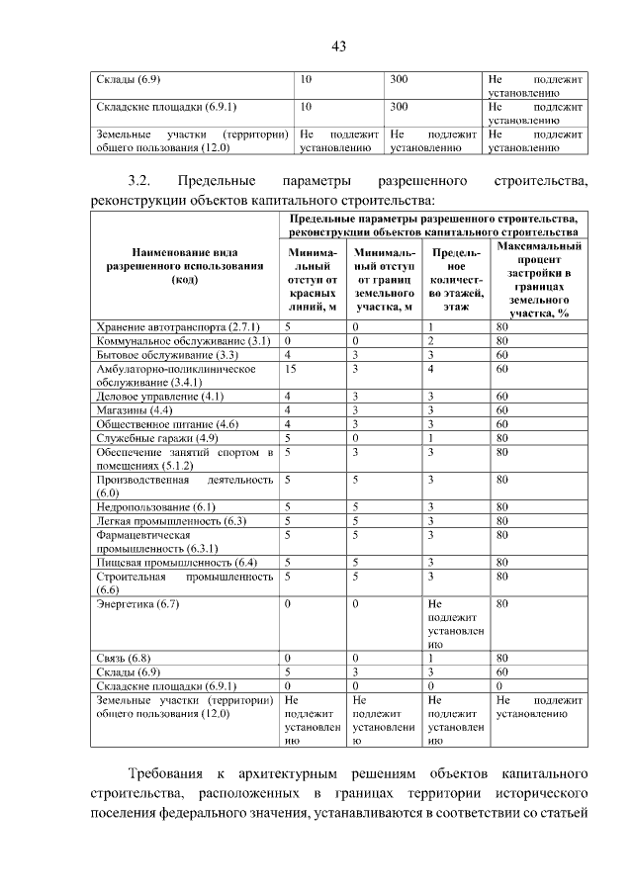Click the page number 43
click(x=337, y=45)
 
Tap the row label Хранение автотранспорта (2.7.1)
click(x=177, y=325)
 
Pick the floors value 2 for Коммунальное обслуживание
click(x=432, y=340)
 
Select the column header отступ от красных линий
click(x=313, y=280)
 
